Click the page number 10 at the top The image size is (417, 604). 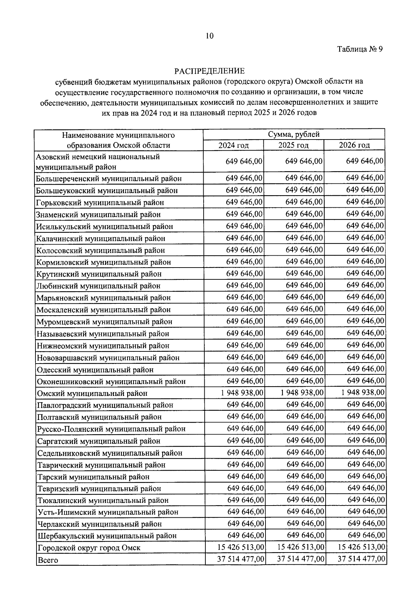tap(210, 36)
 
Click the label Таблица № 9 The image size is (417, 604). tap(360, 49)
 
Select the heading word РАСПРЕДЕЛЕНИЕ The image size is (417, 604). tap(210, 71)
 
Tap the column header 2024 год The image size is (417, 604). tap(233, 145)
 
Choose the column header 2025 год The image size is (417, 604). tap(293, 145)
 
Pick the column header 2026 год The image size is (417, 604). tap(354, 145)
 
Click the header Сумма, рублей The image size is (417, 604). tap(294, 134)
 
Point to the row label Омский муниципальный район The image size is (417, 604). tap(92, 394)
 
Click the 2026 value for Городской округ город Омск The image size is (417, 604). tap(361, 547)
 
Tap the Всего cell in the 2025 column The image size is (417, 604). tap(301, 559)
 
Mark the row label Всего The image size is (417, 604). tap(48, 560)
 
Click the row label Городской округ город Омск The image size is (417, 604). tap(89, 548)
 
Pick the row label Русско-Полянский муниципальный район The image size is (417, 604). tap(111, 429)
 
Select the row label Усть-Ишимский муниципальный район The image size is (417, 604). tap(107, 512)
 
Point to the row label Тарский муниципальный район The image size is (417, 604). tap(93, 477)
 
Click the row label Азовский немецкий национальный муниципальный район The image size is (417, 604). tap(98, 162)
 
